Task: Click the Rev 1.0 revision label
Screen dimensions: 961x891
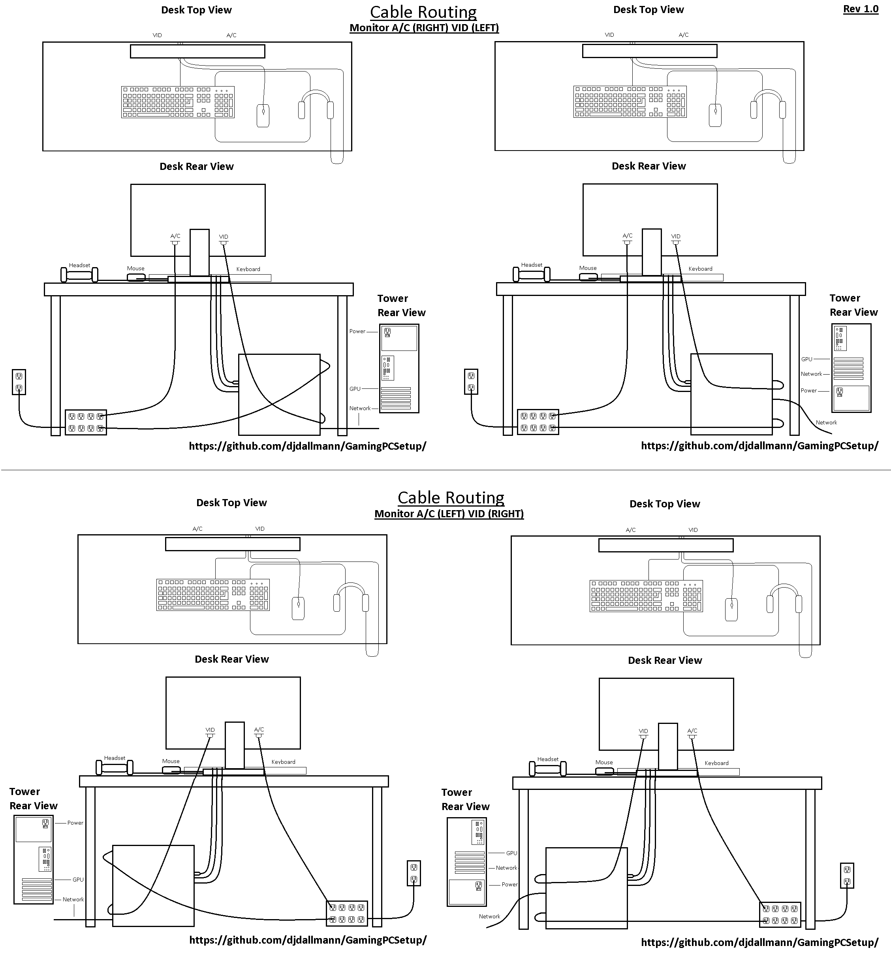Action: (x=861, y=9)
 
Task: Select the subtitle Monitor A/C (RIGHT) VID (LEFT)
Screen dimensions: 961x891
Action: (x=424, y=28)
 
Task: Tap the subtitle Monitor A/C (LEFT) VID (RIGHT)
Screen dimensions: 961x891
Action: (x=449, y=514)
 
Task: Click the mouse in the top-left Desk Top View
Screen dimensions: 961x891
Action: (x=263, y=116)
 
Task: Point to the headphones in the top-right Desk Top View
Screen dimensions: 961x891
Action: (x=767, y=104)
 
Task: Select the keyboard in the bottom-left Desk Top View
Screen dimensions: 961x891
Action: (x=212, y=595)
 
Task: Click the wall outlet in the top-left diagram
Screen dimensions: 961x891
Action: (x=19, y=382)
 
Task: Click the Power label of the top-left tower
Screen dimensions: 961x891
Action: (x=357, y=332)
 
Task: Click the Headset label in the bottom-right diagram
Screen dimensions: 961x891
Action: (x=548, y=759)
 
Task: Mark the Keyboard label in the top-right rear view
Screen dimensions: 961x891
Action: (x=700, y=269)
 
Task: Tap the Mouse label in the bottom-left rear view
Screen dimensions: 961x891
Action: (x=171, y=761)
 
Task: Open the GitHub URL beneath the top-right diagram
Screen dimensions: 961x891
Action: (x=759, y=446)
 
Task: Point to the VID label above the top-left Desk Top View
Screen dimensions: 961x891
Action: (x=157, y=35)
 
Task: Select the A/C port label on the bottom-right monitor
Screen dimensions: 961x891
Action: (x=692, y=730)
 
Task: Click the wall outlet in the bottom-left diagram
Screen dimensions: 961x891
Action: (x=414, y=873)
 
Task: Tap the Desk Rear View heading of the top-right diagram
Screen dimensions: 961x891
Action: (x=649, y=166)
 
